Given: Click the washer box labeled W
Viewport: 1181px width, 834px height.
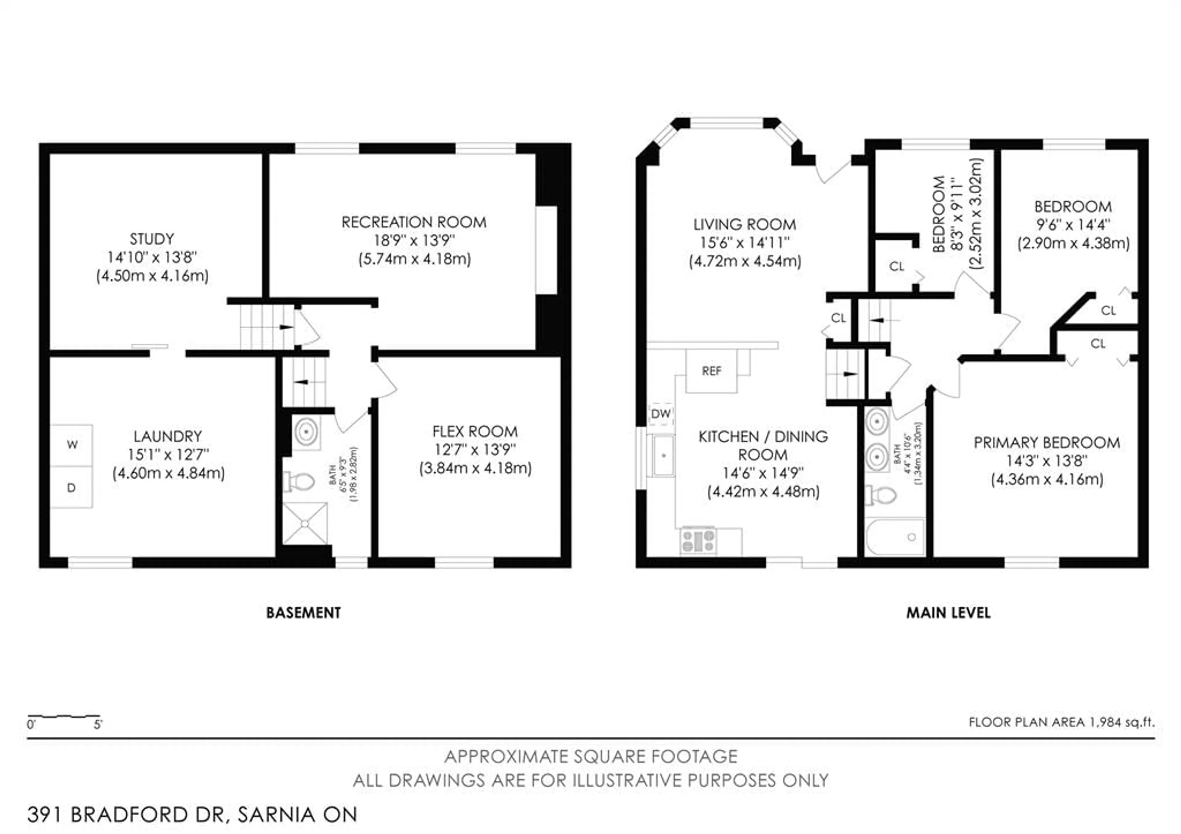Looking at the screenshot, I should coord(71,445).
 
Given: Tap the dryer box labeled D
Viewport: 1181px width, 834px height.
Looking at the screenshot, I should coord(71,488).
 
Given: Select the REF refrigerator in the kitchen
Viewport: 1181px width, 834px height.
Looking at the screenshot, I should coord(711,371).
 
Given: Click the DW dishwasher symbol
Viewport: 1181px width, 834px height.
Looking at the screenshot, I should coord(661,414).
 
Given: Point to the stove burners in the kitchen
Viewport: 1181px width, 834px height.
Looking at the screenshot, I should coord(698,541).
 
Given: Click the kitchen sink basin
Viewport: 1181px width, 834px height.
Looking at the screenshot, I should coord(663,456).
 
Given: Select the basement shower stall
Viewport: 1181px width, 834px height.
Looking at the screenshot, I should coord(305,523).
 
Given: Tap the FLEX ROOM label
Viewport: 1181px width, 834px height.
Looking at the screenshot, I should coord(475,431).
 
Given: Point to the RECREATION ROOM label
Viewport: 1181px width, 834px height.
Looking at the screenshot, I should coord(414,222).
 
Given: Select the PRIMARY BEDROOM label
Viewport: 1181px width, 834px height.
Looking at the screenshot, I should coord(1047,442).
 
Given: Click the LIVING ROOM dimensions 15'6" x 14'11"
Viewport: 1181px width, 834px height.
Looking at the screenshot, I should coord(744,243).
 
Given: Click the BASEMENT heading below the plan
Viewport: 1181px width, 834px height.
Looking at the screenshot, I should coord(304,613).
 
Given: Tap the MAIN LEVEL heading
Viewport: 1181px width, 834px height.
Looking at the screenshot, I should coord(948,613).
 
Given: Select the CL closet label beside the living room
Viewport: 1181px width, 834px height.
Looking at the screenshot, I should coord(838,318).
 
